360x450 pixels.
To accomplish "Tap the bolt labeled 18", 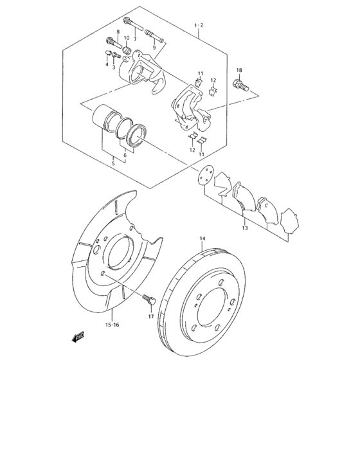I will (242, 84).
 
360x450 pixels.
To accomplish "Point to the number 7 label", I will (135, 39).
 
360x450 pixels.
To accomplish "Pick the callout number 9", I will (154, 47).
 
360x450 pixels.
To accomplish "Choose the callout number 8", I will (118, 32).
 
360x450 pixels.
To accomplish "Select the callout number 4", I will (107, 64).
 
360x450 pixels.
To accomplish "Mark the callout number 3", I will (114, 66).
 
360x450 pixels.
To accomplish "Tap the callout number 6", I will (125, 155).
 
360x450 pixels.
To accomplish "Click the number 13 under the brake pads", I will (245, 228).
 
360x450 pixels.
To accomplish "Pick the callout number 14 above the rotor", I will (202, 239).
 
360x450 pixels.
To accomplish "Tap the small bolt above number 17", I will (150, 299).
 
